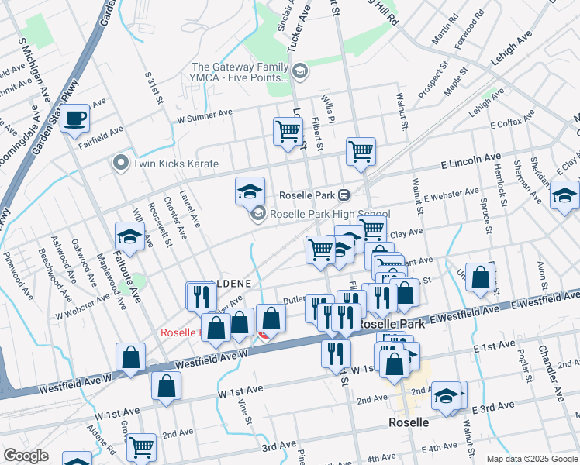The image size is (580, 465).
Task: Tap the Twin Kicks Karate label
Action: pos(175,164)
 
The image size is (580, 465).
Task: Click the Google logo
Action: pos(26,456)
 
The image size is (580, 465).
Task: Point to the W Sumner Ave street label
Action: pos(205,116)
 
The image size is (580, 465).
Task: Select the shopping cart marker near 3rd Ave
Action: pos(140,447)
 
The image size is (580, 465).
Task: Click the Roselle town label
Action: pos(409,423)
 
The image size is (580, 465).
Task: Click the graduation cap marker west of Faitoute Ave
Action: pos(129,236)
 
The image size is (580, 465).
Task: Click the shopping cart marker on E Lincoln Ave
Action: pos(361,151)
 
